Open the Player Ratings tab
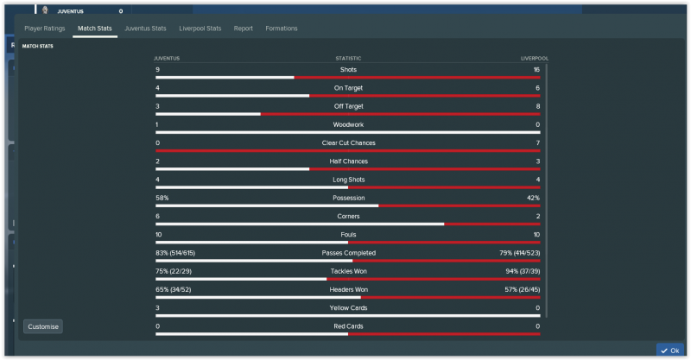(x=45, y=28)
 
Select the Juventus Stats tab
(x=145, y=28)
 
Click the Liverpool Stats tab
(x=200, y=28)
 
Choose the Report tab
(x=243, y=28)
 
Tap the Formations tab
(x=282, y=28)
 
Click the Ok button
(x=670, y=351)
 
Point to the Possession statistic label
(x=348, y=198)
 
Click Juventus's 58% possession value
(x=162, y=198)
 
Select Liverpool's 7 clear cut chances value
(x=537, y=143)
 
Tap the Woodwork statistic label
(x=348, y=124)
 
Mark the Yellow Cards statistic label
(x=348, y=308)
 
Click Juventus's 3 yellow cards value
(x=157, y=308)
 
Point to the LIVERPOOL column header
(x=535, y=59)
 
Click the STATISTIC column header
(x=348, y=59)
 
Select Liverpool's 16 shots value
(x=536, y=70)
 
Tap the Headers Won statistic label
(x=348, y=289)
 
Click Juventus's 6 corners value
(x=157, y=217)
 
